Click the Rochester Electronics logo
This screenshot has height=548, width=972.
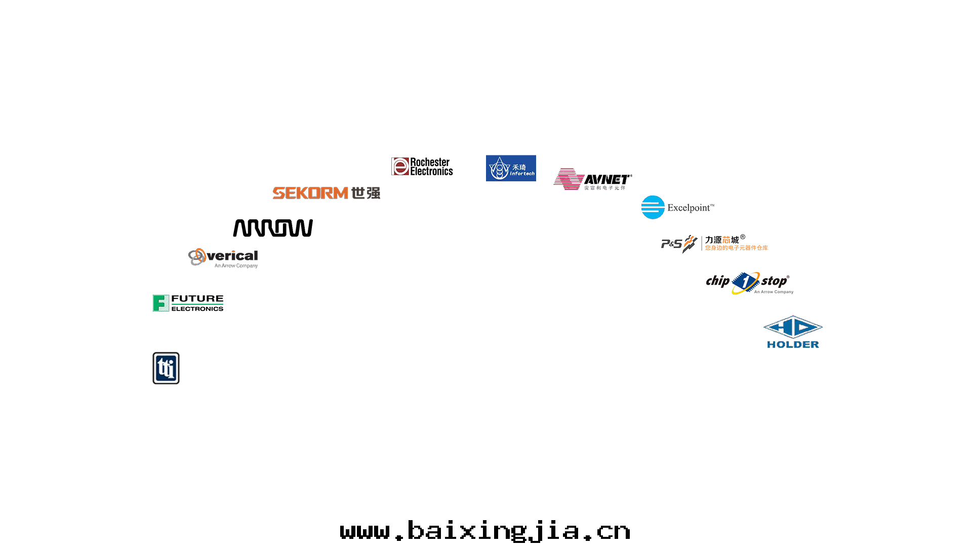tap(422, 167)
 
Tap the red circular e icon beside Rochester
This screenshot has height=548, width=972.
tap(400, 167)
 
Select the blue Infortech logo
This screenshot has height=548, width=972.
tap(511, 168)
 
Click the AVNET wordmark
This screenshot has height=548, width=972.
tap(607, 180)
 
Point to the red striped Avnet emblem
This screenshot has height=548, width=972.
tap(569, 179)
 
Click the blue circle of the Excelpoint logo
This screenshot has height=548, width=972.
tap(653, 207)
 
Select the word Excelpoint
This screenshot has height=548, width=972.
tap(690, 208)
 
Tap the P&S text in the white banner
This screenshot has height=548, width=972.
tap(672, 244)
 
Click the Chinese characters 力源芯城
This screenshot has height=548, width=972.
tap(722, 240)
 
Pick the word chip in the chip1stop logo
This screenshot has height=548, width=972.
tap(718, 281)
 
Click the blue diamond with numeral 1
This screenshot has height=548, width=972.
tap(745, 283)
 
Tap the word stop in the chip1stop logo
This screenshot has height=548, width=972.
tap(774, 281)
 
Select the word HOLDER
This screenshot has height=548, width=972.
tap(793, 344)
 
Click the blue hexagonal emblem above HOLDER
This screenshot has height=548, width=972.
tap(793, 327)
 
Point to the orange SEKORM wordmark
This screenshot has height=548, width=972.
tap(310, 193)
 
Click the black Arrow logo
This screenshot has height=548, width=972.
tap(273, 228)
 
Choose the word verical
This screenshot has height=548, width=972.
tap(233, 256)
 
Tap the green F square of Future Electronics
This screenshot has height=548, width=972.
tap(161, 303)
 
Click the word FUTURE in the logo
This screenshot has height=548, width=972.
tap(197, 299)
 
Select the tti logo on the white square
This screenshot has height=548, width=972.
tap(166, 367)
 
